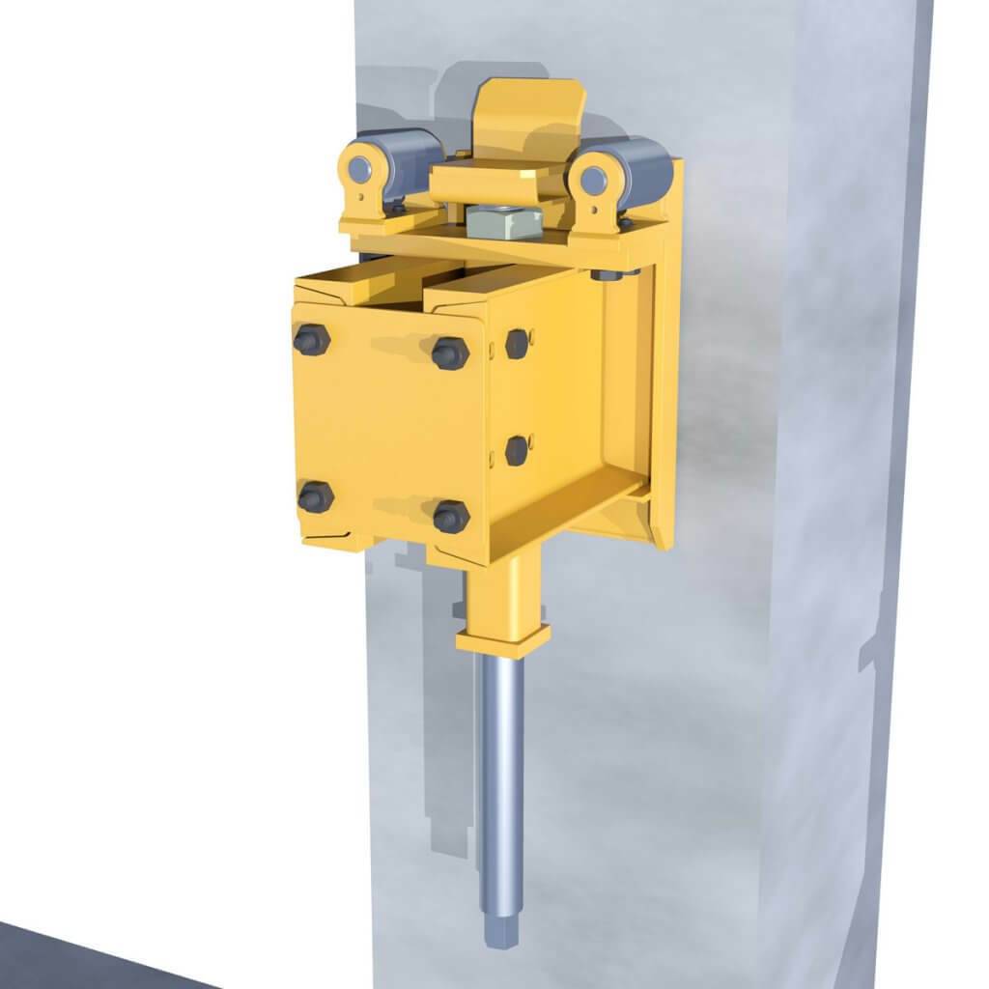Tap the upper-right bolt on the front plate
pyautogui.click(x=449, y=353)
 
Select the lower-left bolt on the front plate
pyautogui.click(x=315, y=497)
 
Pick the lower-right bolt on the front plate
pyautogui.click(x=450, y=516)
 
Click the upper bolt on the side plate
pyautogui.click(x=518, y=343)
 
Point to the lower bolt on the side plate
pyautogui.click(x=518, y=450)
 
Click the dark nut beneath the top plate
pyautogui.click(x=605, y=277)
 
